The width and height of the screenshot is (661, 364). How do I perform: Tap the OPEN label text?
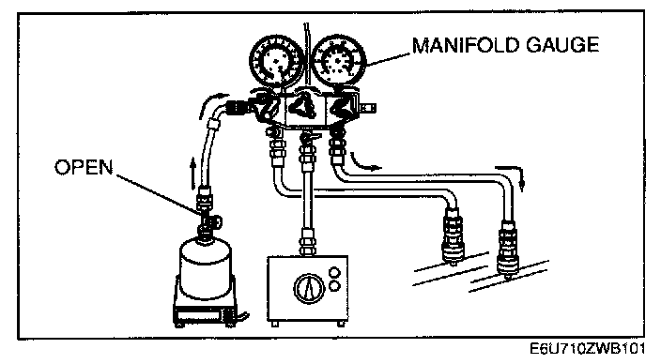point(84,167)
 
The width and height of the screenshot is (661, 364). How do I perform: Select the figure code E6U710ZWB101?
point(587,349)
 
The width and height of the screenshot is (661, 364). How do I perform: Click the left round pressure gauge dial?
point(277,62)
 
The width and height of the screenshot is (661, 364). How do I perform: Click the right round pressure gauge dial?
point(339,62)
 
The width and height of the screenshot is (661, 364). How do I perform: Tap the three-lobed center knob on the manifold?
point(304,105)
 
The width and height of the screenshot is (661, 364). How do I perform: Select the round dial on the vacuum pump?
point(309,289)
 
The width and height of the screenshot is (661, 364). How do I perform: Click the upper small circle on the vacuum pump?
point(334,272)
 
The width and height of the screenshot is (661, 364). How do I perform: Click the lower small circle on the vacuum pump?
point(334,286)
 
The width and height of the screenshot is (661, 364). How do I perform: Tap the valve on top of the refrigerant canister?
point(208,221)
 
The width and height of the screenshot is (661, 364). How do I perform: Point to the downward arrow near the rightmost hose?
point(513,175)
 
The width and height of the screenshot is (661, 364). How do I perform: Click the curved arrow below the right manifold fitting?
point(364,163)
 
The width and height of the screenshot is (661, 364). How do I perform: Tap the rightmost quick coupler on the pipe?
point(508,248)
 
